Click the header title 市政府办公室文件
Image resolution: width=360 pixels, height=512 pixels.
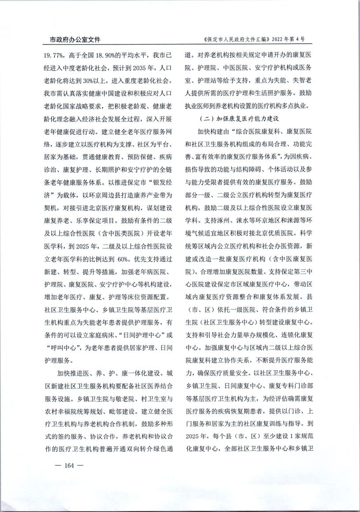pyautogui.click(x=72, y=40)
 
